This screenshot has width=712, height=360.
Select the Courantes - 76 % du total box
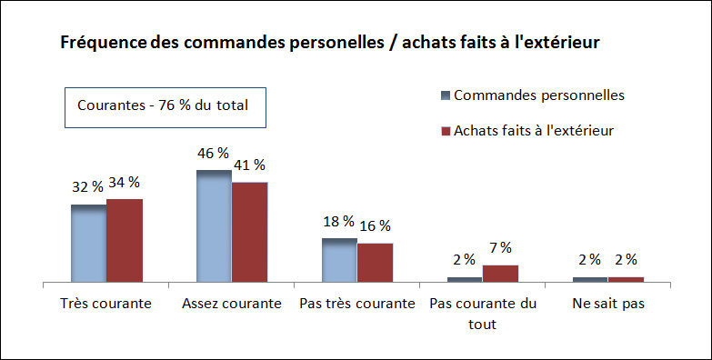[163, 105]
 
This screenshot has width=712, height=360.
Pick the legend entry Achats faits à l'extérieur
[533, 130]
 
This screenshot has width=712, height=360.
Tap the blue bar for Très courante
[89, 244]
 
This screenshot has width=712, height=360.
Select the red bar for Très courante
[125, 241]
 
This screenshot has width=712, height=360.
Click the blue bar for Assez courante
[214, 226]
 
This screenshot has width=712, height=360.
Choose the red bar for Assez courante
[249, 233]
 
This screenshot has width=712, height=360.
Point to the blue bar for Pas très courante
[339, 260]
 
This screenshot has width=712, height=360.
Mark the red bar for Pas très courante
[375, 263]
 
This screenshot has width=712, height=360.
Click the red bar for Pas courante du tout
[500, 274]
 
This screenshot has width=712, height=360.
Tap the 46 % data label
[213, 153]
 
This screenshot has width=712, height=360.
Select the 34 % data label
[124, 183]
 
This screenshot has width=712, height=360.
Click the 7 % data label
[500, 247]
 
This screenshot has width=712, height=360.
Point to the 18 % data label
[338, 222]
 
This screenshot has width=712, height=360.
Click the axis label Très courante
[105, 303]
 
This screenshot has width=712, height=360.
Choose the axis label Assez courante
[231, 303]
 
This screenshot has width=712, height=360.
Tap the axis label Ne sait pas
[608, 303]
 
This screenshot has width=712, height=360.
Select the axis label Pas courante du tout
[482, 313]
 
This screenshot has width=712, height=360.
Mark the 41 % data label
[248, 165]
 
